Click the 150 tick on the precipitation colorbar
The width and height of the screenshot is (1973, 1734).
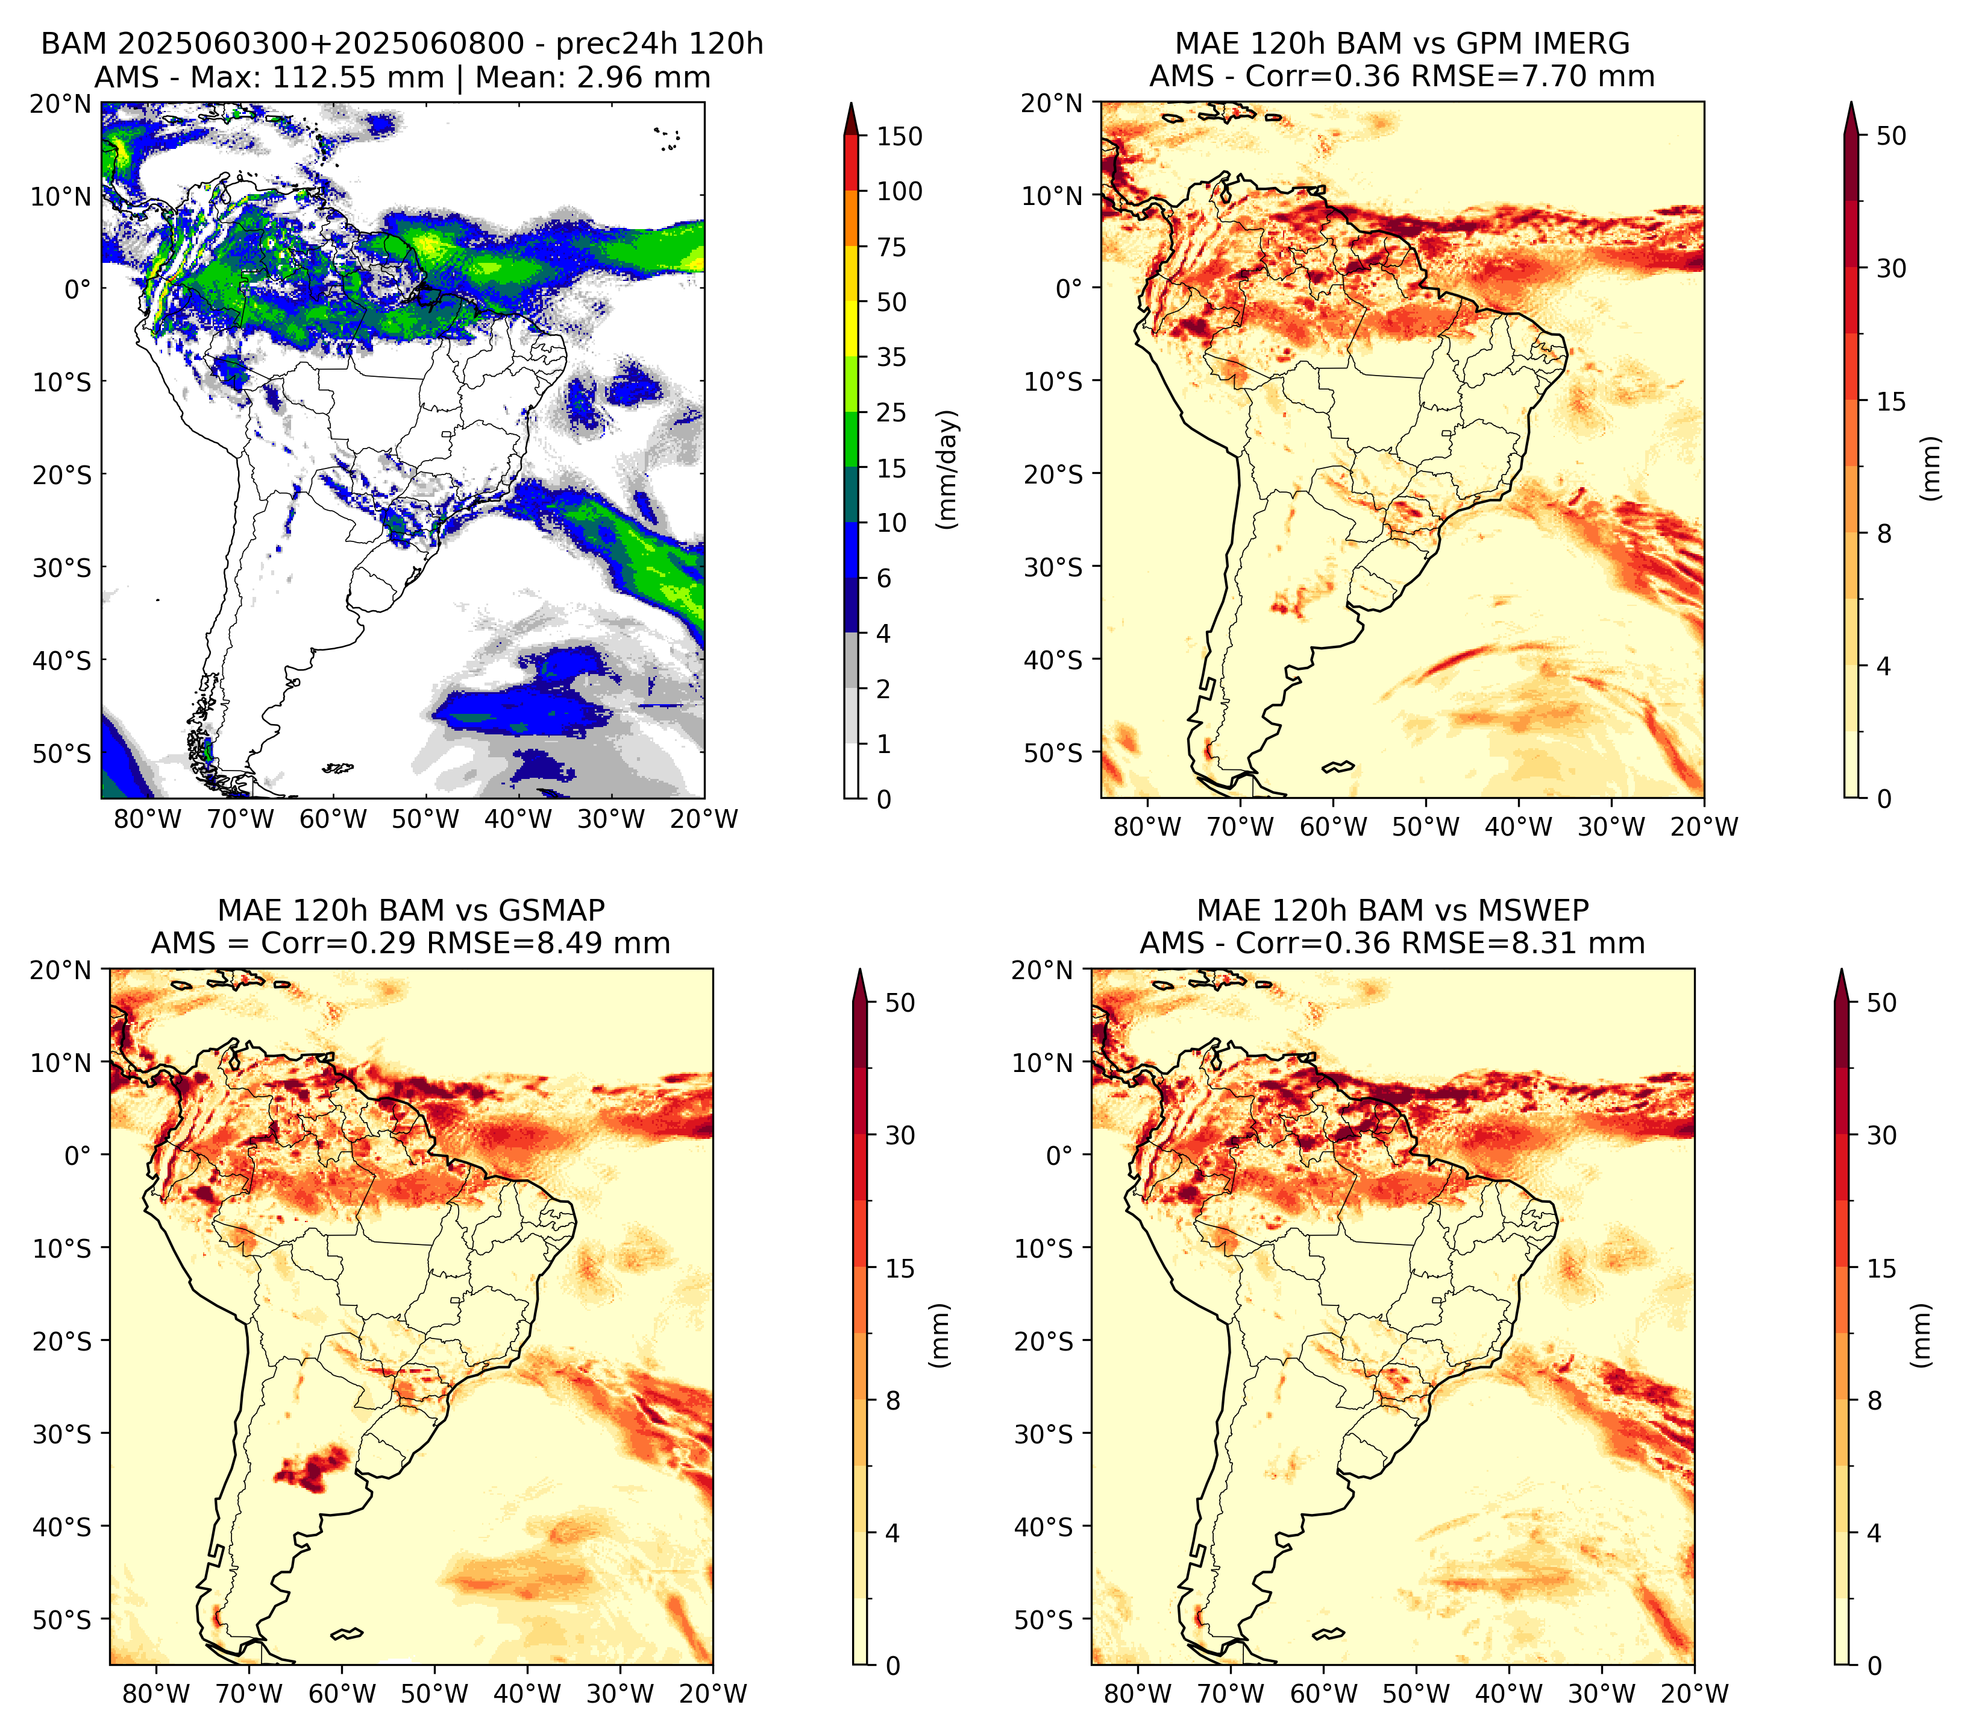click(899, 136)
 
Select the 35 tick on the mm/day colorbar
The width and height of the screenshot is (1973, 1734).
click(891, 357)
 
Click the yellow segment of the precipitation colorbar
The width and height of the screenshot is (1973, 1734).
click(852, 301)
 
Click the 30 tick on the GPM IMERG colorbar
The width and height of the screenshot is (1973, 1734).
click(1891, 268)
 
